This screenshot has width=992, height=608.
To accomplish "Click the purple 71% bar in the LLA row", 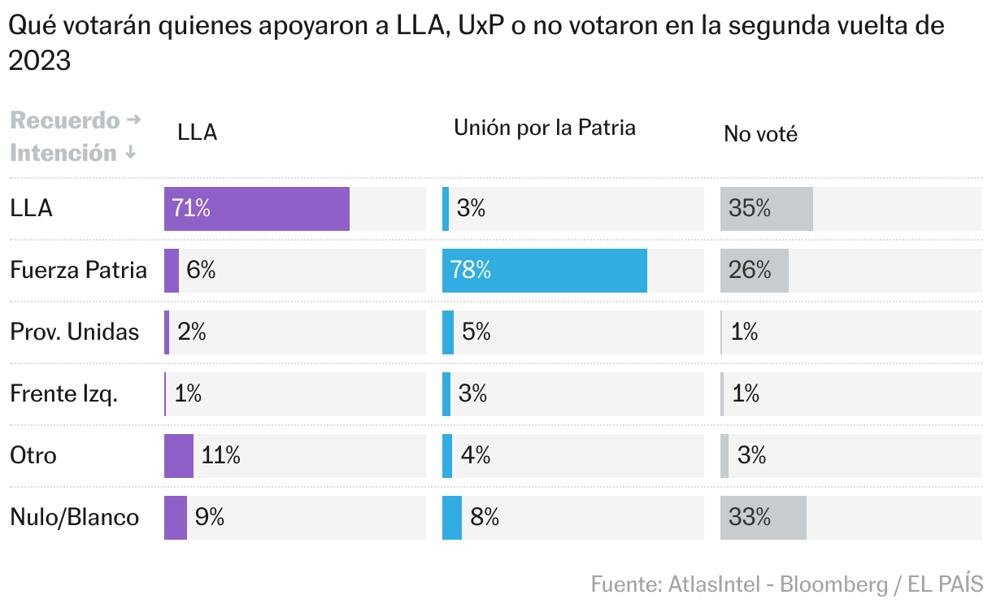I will point(257,209).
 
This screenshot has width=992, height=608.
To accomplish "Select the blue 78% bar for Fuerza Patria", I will point(545,271).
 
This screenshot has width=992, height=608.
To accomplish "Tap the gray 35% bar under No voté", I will point(766,209).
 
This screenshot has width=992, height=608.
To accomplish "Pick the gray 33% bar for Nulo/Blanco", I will point(763,518).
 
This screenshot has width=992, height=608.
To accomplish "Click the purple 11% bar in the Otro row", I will point(179,456).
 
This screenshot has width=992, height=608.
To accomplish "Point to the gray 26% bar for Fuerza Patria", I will point(754,271).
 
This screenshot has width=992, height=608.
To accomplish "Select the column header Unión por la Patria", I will point(544,128).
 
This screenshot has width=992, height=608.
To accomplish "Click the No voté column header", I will point(760,134).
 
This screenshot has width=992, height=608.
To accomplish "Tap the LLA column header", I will point(198,133).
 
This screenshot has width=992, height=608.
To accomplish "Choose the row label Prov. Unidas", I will point(75,332).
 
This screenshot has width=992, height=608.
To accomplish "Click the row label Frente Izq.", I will point(64,394).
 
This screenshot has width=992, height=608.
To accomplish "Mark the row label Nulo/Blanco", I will point(75,518).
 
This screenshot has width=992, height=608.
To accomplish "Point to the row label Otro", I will point(33,455).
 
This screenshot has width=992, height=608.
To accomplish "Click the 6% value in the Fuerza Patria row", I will point(201,271).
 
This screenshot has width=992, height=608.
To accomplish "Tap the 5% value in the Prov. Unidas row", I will point(476,332).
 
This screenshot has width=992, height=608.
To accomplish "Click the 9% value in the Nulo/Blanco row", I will point(210,518).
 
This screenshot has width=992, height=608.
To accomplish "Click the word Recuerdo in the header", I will point(65,121).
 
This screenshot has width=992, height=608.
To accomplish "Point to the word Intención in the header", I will point(63,153).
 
